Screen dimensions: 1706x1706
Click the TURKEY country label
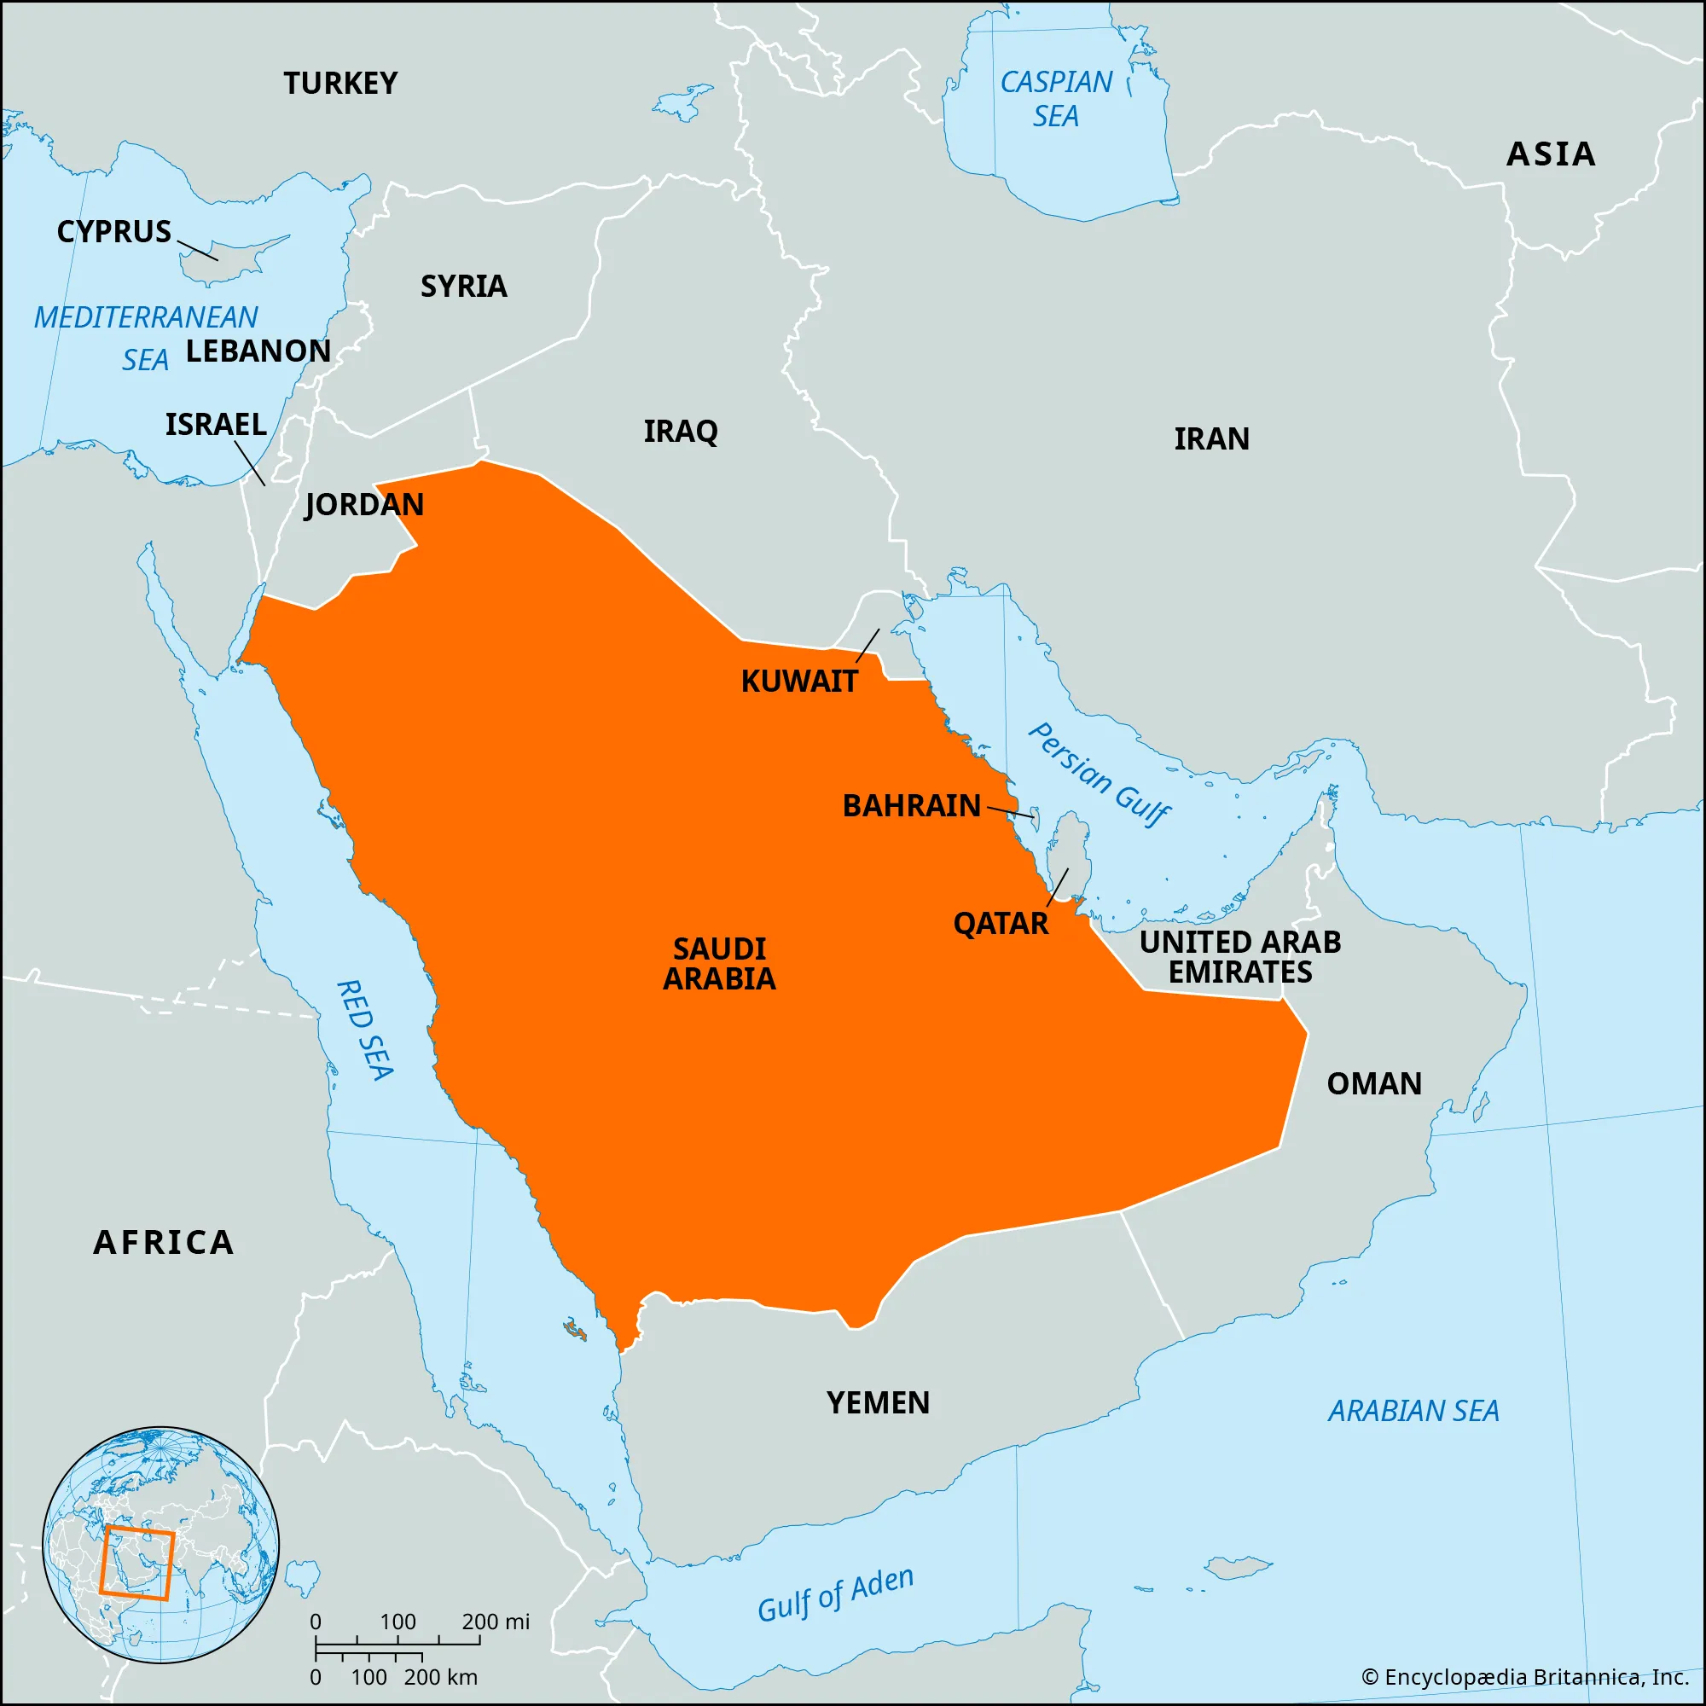click(340, 84)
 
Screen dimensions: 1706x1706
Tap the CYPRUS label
click(114, 232)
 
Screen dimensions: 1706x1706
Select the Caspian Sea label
click(1056, 99)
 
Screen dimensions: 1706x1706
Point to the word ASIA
click(1551, 154)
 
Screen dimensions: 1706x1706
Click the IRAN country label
click(1210, 438)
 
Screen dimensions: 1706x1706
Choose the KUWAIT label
click(799, 682)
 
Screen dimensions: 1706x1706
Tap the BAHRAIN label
click(911, 806)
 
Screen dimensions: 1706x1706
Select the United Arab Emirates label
click(1239, 957)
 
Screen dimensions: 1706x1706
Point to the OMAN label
click(1374, 1084)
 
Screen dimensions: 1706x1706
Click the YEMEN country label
click(878, 1403)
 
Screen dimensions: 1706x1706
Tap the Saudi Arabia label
click(720, 964)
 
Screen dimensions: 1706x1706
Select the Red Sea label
click(365, 1030)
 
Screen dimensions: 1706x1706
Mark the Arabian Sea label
click(1413, 1411)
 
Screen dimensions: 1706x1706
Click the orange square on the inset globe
click(136, 1562)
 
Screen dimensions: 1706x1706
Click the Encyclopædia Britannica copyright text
click(1525, 1677)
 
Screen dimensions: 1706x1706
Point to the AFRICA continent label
click(165, 1243)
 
